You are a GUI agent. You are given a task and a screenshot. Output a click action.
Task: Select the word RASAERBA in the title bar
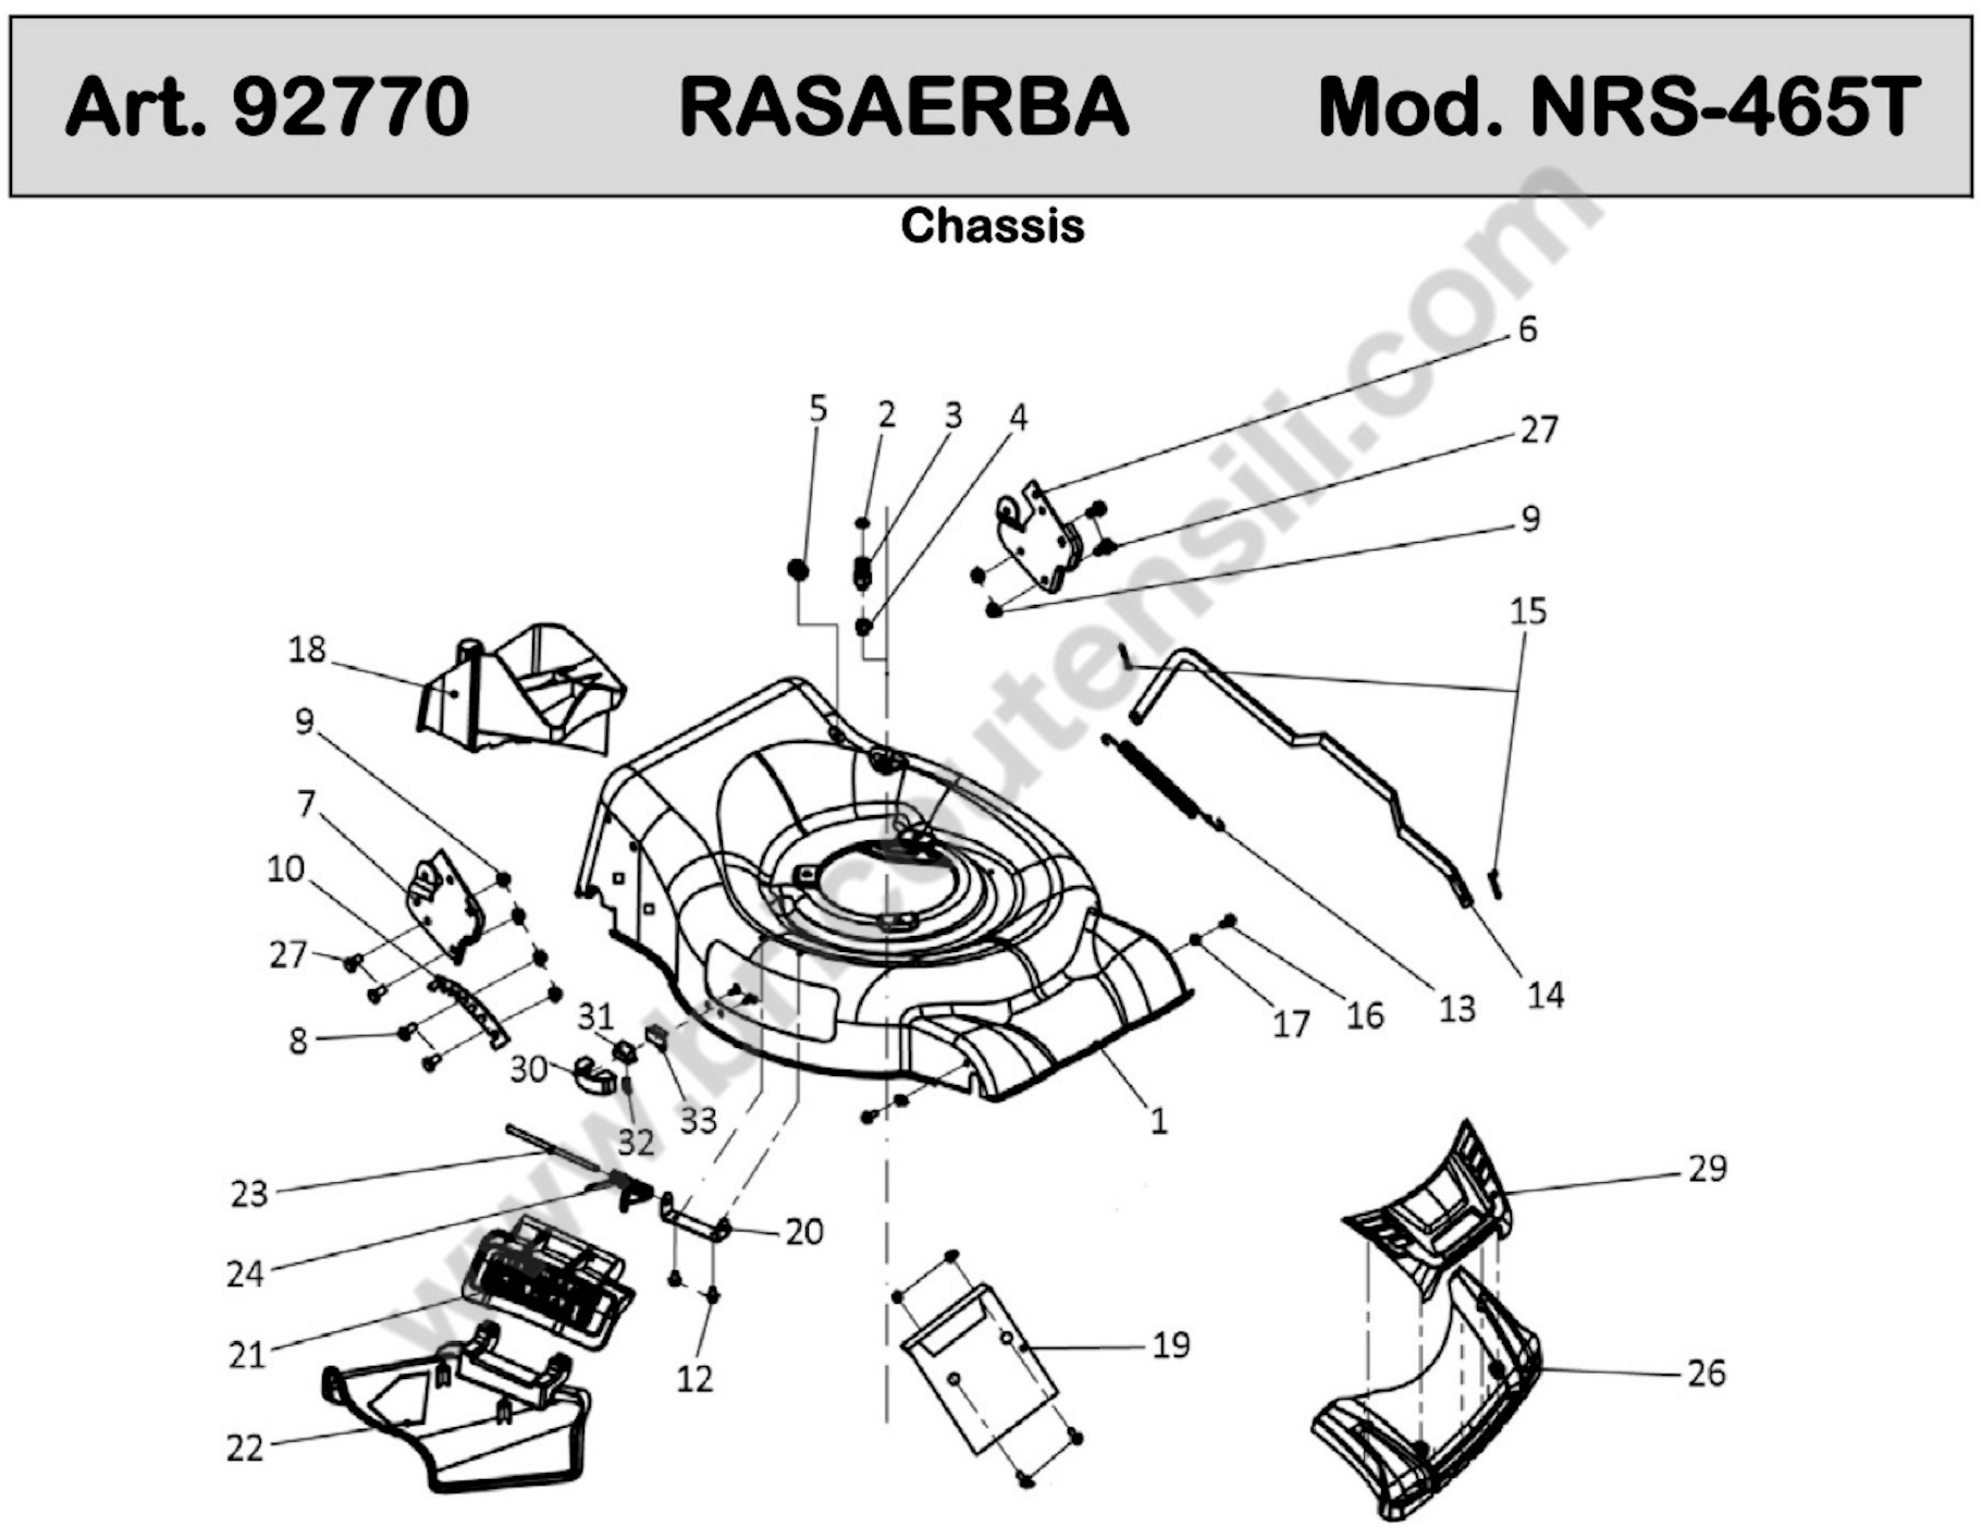click(x=904, y=107)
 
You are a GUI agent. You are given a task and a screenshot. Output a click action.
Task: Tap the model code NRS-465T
click(x=1726, y=107)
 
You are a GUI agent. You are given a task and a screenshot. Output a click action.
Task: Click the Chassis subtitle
click(x=992, y=226)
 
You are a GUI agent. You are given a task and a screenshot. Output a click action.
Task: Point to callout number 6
click(x=1528, y=330)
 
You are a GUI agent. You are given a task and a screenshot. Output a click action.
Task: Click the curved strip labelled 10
click(x=470, y=1009)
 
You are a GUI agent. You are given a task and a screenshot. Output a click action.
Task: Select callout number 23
click(x=249, y=1195)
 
